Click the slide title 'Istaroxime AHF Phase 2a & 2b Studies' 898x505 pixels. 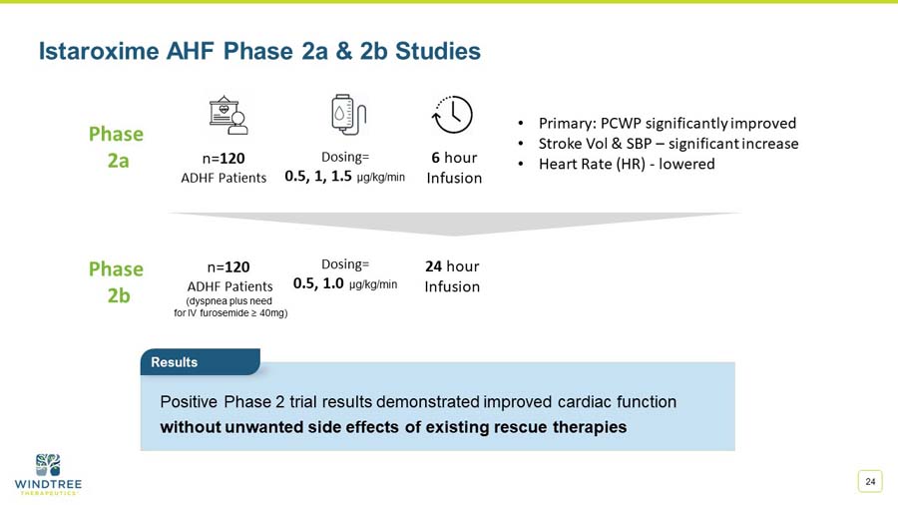point(259,51)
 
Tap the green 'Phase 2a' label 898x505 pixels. point(117,147)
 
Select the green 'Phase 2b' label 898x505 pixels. point(117,281)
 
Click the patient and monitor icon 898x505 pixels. point(227,114)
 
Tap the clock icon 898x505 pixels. point(452,115)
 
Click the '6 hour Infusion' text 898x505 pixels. point(454,168)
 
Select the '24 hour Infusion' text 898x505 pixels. point(452,276)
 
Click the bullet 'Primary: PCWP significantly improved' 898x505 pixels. point(667,124)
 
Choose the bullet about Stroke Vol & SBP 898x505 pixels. point(668,144)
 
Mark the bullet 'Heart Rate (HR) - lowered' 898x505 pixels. point(626,164)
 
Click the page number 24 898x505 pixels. point(870,482)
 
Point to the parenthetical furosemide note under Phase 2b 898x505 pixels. point(230,307)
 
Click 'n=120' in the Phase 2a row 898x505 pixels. point(224,159)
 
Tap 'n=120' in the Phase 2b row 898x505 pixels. point(228,267)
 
